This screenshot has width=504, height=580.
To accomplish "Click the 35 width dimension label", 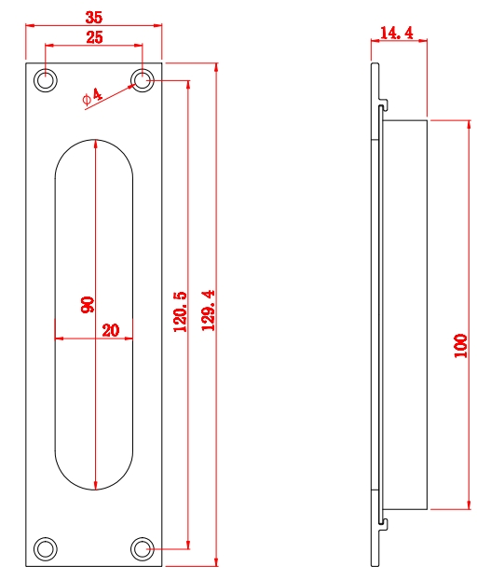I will click(x=94, y=17).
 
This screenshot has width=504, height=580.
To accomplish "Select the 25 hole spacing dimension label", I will click(x=94, y=37).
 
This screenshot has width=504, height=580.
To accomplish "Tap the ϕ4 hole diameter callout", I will click(x=91, y=97).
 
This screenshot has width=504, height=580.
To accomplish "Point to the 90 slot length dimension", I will click(x=87, y=305).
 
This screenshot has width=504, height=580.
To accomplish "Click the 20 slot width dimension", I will click(x=111, y=329).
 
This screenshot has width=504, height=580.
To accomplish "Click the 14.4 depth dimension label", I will click(x=397, y=33).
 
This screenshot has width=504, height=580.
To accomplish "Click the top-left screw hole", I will click(x=45, y=81).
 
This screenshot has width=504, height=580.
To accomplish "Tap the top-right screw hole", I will click(x=143, y=81).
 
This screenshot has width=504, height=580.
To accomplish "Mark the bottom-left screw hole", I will click(x=45, y=548).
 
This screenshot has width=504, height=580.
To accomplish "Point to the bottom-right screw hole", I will click(x=143, y=548).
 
